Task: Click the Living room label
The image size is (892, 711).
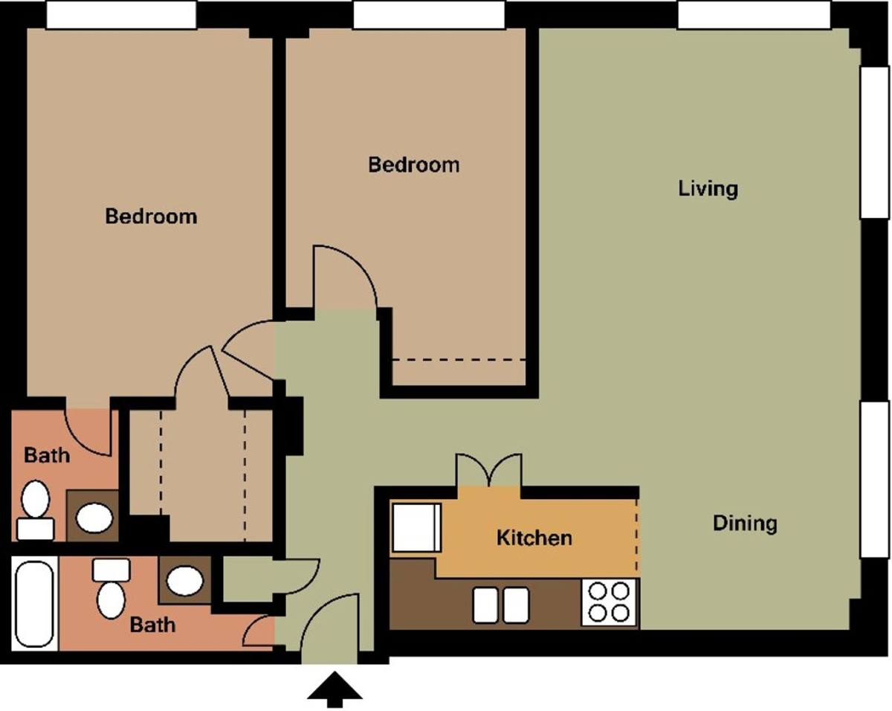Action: point(708,189)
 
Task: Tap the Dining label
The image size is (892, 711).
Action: point(745,524)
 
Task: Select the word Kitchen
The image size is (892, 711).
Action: point(534,538)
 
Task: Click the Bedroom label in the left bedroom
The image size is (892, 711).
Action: point(151,216)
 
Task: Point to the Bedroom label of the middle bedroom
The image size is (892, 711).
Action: point(414,164)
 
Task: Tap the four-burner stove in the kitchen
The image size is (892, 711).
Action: point(609,602)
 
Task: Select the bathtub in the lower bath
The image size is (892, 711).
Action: point(34,604)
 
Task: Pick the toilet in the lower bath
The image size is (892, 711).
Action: point(111,588)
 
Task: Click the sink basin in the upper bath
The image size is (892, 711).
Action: point(94,518)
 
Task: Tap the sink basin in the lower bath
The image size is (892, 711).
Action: point(185,581)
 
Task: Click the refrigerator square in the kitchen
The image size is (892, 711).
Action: point(416,527)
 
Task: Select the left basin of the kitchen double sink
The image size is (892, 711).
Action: point(485,605)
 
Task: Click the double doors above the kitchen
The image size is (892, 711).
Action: point(488,470)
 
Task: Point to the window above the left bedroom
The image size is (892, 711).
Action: point(121,15)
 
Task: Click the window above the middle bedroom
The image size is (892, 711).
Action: point(429,15)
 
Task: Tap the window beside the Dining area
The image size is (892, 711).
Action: point(875,480)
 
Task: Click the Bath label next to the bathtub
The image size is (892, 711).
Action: point(152,625)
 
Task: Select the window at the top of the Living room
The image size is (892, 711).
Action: point(754,15)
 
